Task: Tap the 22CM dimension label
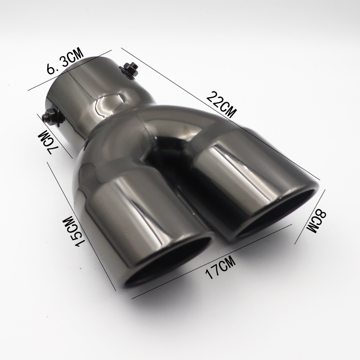(x=221, y=104)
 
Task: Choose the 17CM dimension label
(x=220, y=267)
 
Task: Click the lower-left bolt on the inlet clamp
(x=52, y=116)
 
